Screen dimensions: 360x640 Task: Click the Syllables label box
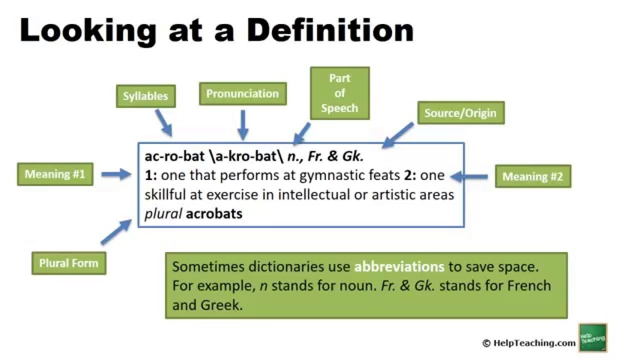click(x=145, y=96)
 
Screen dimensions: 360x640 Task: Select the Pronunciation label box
click(x=242, y=94)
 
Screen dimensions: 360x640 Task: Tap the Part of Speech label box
click(x=339, y=93)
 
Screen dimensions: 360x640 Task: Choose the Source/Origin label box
click(x=460, y=113)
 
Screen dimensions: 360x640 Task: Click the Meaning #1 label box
click(x=55, y=174)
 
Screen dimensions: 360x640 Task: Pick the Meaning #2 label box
click(x=532, y=176)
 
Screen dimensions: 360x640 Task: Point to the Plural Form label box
click(x=68, y=263)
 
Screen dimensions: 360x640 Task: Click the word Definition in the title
click(x=330, y=31)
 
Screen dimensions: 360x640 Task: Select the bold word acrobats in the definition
click(x=214, y=214)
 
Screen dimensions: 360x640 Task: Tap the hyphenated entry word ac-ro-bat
click(x=173, y=156)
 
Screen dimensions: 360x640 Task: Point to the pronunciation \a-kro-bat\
click(x=246, y=156)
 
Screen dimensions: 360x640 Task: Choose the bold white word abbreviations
click(x=399, y=266)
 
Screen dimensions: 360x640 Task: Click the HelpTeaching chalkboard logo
click(x=592, y=337)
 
